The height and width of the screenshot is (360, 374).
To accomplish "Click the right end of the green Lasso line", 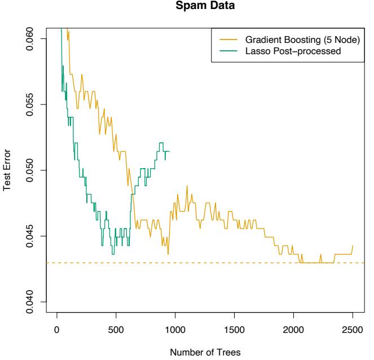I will tap(169, 151).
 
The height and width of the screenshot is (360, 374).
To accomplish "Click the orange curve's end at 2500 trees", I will tap(353, 245).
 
